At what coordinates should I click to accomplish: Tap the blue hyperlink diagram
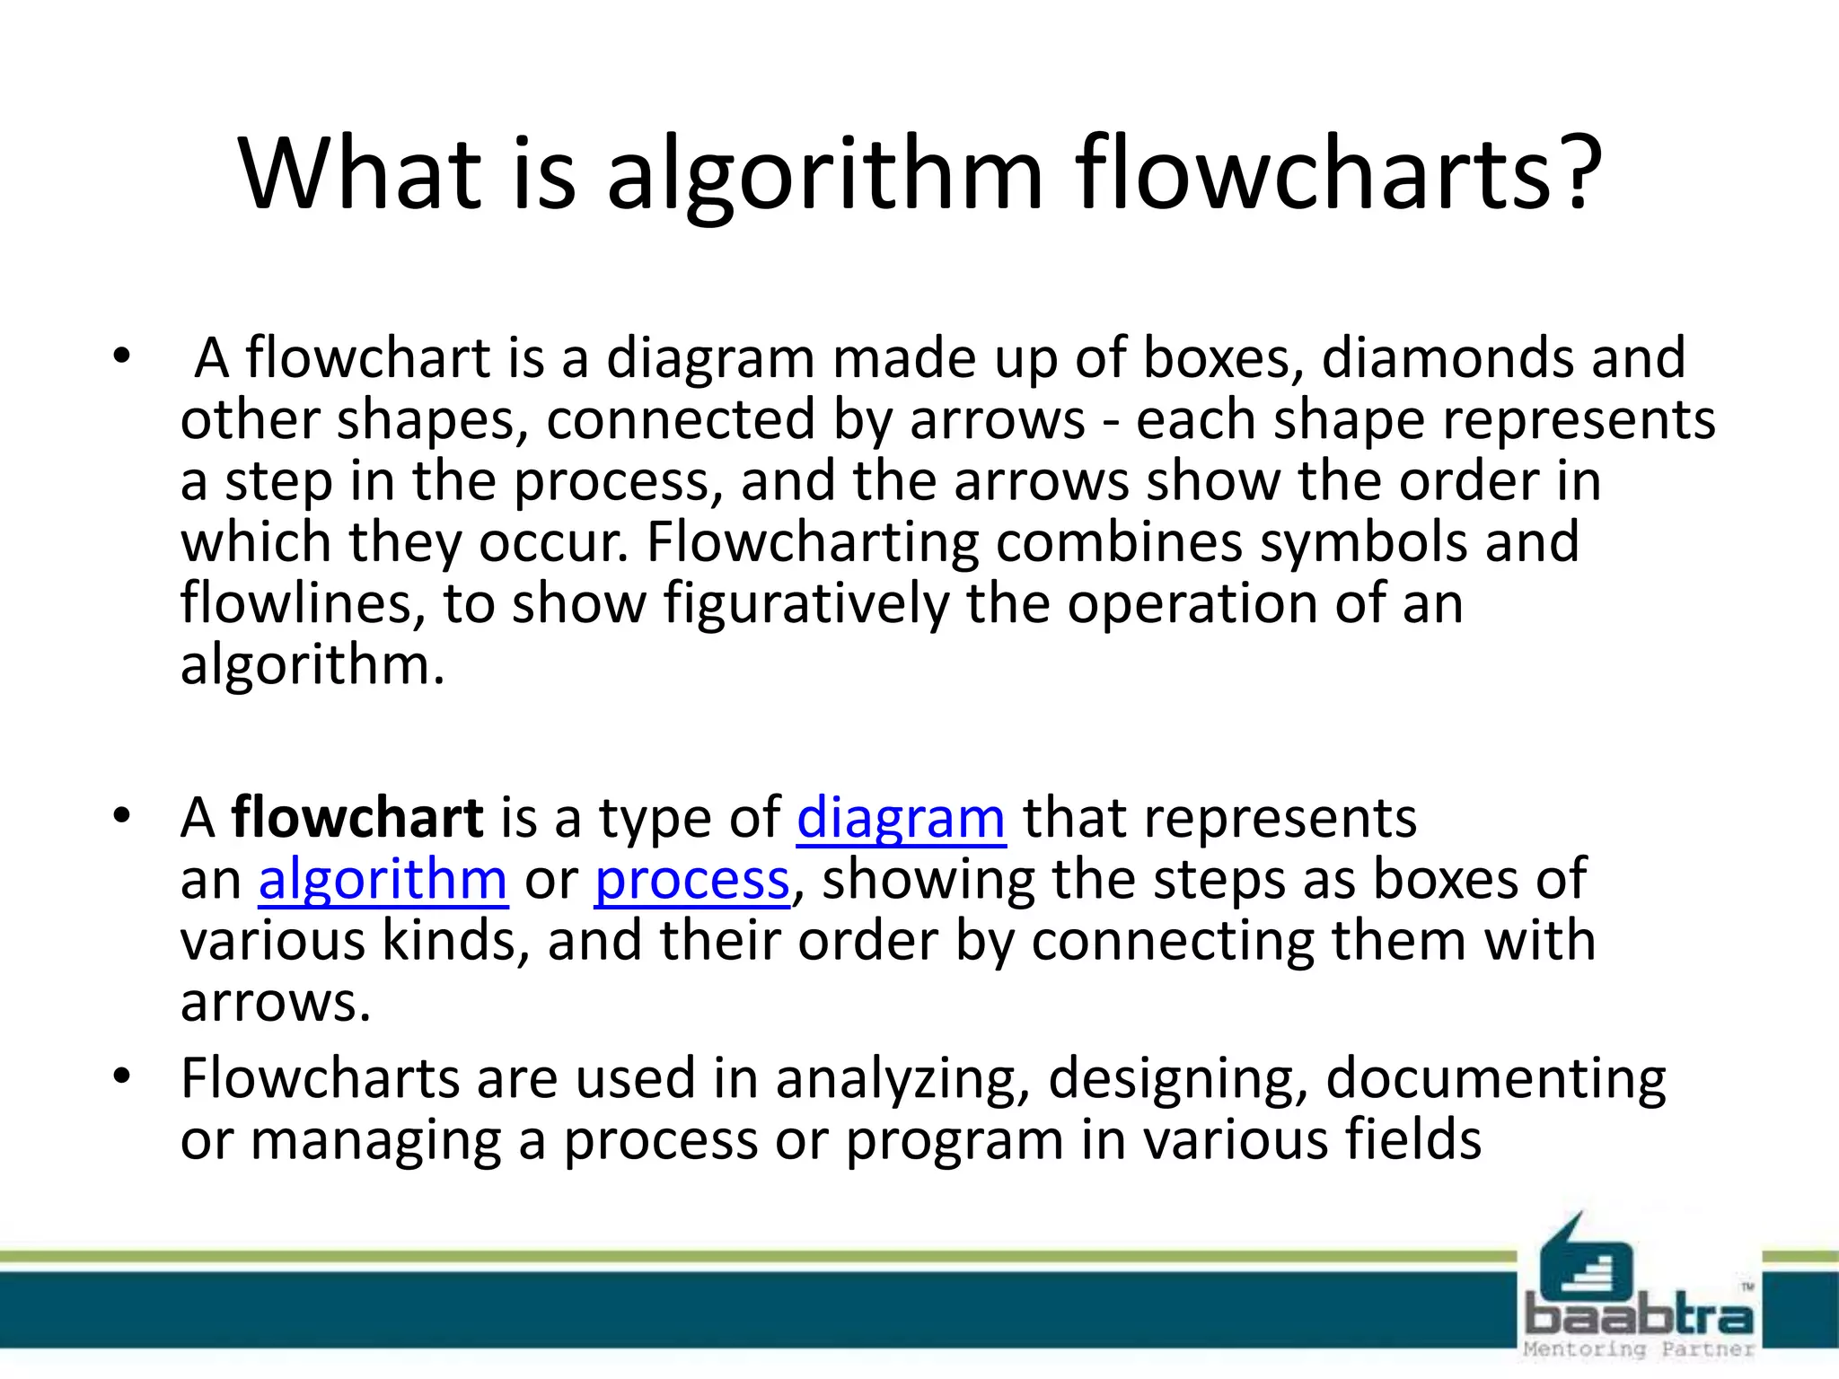[901, 819]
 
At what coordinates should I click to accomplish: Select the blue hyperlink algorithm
[383, 880]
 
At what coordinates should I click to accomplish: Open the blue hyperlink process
[692, 880]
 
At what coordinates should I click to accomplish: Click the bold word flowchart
[357, 819]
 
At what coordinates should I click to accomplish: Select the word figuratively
[805, 603]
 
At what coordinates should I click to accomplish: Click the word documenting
[1495, 1078]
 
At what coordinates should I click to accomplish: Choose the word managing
[375, 1140]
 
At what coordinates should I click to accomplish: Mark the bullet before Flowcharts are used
[121, 1076]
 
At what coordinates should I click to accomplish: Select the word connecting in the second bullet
[1175, 941]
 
